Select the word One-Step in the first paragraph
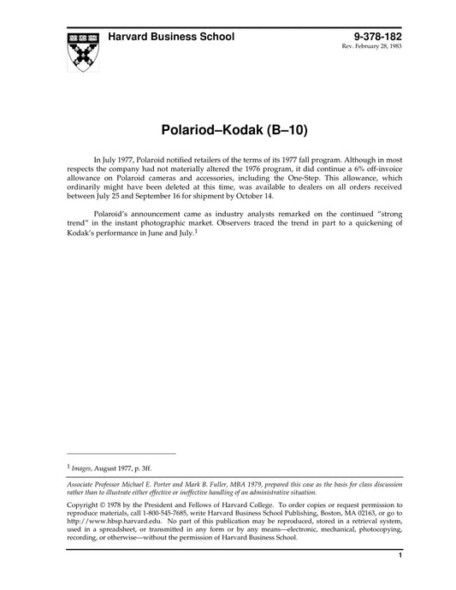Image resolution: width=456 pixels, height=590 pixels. click(x=287, y=181)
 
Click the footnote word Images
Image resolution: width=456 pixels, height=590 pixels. click(x=84, y=468)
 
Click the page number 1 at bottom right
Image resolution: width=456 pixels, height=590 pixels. click(x=400, y=558)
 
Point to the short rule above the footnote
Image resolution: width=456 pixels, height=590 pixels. click(x=120, y=453)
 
